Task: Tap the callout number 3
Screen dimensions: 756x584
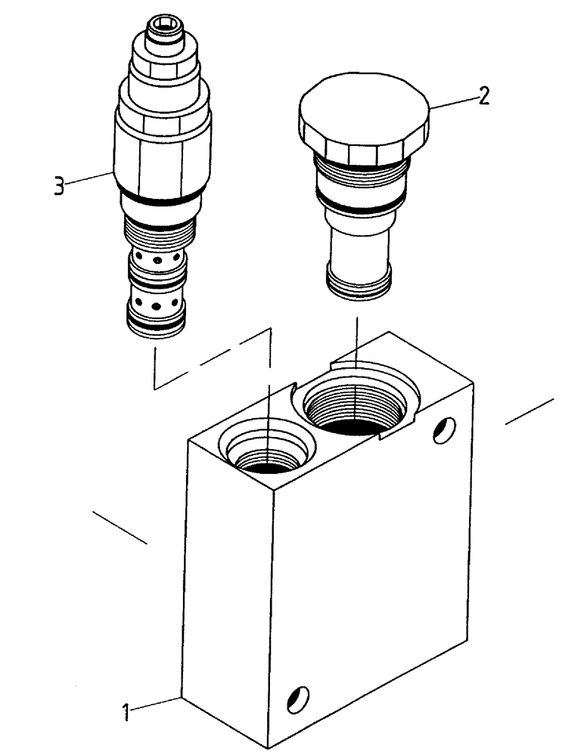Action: click(58, 185)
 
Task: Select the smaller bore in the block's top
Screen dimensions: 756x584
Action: click(266, 457)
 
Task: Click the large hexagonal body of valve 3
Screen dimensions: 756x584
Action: click(162, 155)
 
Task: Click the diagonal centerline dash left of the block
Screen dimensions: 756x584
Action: click(120, 527)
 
